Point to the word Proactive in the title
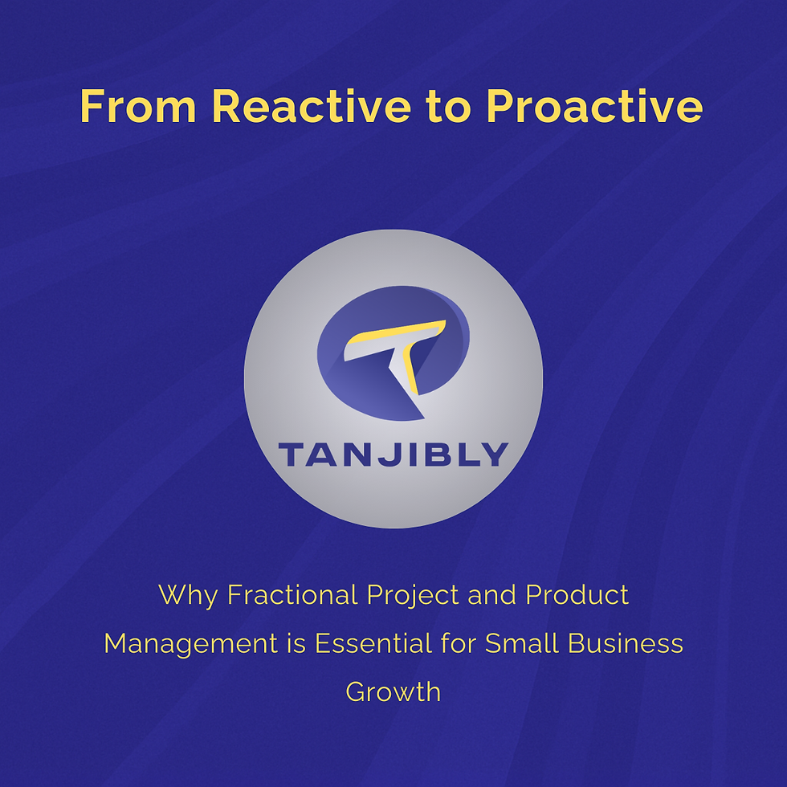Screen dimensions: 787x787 pyautogui.click(x=595, y=107)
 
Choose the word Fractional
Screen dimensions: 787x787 pyautogui.click(x=292, y=595)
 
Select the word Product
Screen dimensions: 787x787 pyautogui.click(x=577, y=595)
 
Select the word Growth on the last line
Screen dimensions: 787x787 pyautogui.click(x=393, y=691)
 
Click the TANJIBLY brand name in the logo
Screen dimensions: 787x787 pyautogui.click(x=393, y=455)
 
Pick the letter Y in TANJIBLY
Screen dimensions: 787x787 pyautogui.click(x=494, y=455)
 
